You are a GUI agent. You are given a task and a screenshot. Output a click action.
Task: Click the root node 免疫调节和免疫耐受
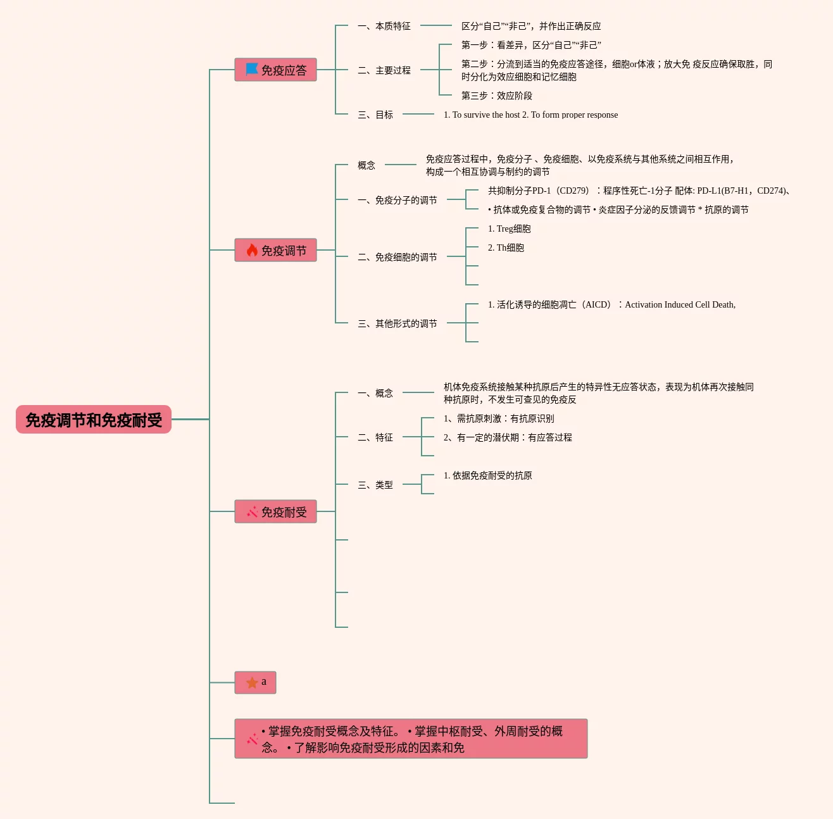pyautogui.click(x=94, y=420)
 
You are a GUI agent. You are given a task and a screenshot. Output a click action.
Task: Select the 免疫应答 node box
pyautogui.click(x=275, y=70)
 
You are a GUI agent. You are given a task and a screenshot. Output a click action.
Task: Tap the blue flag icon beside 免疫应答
pyautogui.click(x=252, y=69)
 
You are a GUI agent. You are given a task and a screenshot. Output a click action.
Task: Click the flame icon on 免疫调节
pyautogui.click(x=252, y=250)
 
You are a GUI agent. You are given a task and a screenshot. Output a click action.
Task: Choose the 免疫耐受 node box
pyautogui.click(x=275, y=511)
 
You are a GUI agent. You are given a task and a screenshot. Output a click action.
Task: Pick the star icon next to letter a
pyautogui.click(x=252, y=682)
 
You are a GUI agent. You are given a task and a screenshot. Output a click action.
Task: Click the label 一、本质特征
pyautogui.click(x=384, y=26)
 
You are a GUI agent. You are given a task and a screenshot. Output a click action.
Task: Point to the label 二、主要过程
pyautogui.click(x=384, y=70)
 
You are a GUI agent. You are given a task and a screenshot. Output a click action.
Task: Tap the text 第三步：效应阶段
pyautogui.click(x=497, y=96)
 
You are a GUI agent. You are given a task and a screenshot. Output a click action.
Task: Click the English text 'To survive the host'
pyautogui.click(x=486, y=115)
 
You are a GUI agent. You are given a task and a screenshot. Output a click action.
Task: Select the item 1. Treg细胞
pyautogui.click(x=510, y=228)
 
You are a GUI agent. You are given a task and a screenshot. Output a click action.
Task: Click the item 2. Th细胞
pyautogui.click(x=506, y=247)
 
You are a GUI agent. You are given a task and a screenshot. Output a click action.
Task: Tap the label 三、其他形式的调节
pyautogui.click(x=398, y=323)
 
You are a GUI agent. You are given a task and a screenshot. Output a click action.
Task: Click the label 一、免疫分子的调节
pyautogui.click(x=398, y=200)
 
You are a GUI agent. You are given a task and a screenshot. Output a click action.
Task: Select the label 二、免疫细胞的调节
pyautogui.click(x=398, y=257)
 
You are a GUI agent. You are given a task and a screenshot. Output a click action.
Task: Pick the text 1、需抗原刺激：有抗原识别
pyautogui.click(x=499, y=418)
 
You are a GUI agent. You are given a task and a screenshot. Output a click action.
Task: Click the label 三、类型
pyautogui.click(x=375, y=485)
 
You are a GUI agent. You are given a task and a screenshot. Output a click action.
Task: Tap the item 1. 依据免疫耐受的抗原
pyautogui.click(x=488, y=475)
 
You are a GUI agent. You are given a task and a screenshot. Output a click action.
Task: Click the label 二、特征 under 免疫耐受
pyautogui.click(x=375, y=437)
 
